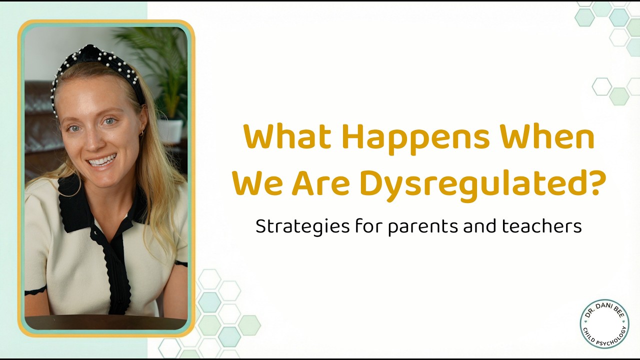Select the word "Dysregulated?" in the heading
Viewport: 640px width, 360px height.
[482, 183]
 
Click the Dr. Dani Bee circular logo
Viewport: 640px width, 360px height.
[604, 323]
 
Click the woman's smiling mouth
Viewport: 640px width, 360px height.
[102, 161]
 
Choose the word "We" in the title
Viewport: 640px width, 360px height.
[257, 183]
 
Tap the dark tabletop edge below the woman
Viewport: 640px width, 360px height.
[105, 323]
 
